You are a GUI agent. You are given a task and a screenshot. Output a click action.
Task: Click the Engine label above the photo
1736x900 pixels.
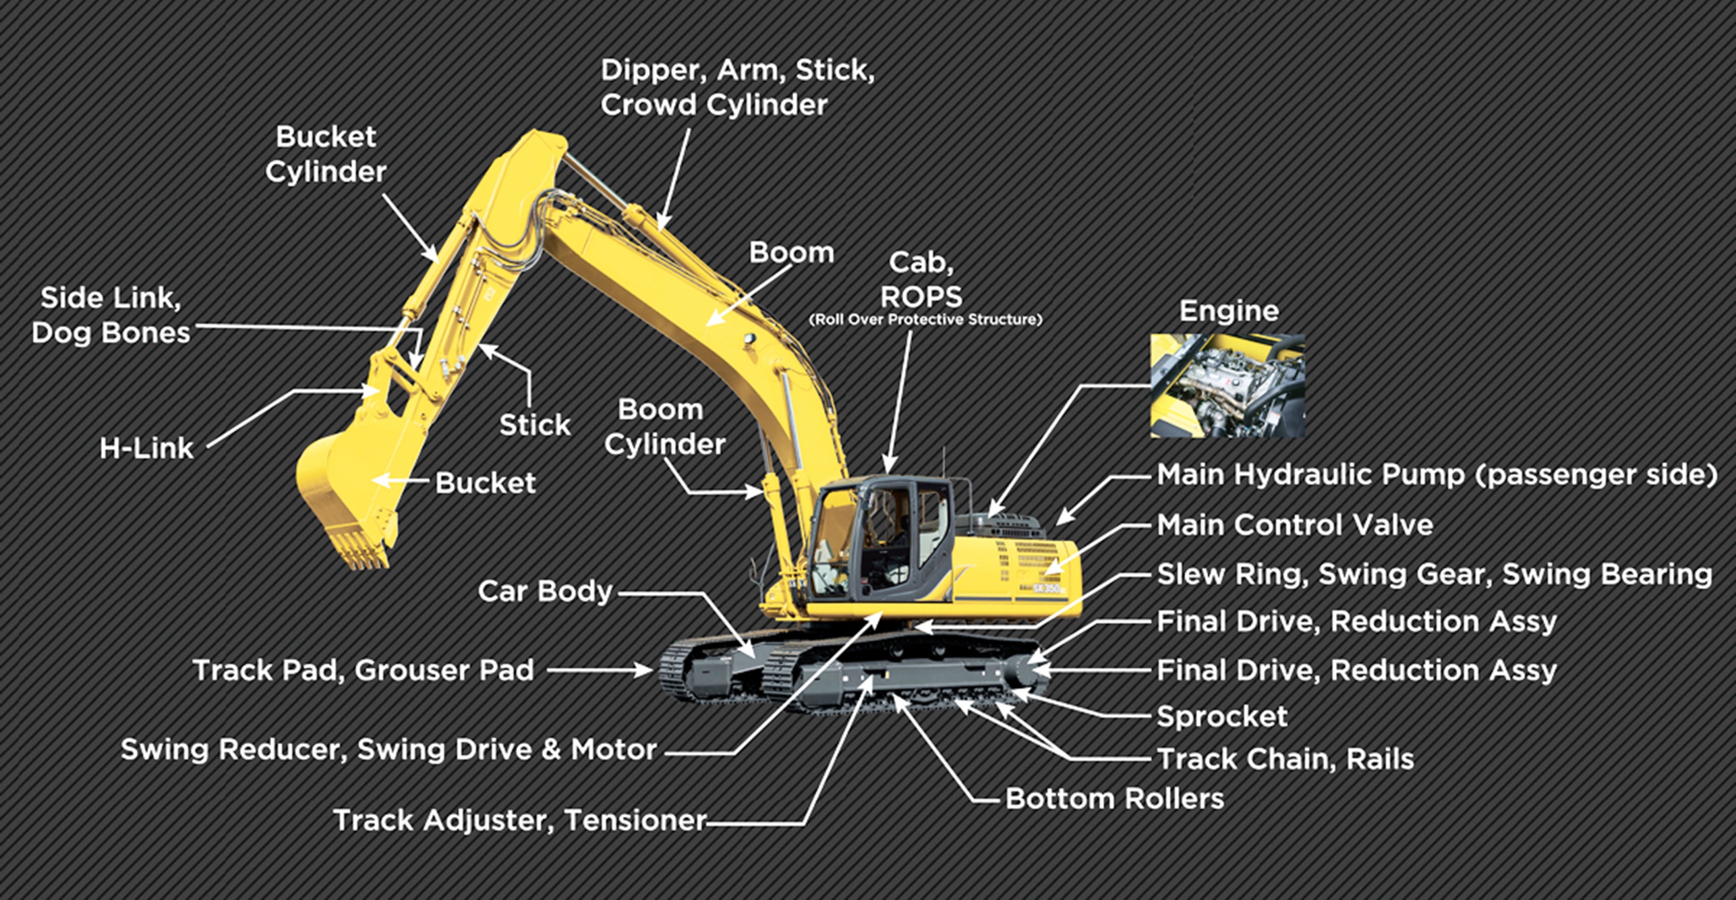(x=1229, y=311)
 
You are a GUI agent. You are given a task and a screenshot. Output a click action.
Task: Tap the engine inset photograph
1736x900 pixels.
(x=1227, y=385)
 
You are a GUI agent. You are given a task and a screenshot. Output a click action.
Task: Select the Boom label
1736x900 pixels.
(x=791, y=253)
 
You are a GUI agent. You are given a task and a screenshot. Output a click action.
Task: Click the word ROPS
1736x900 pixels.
(x=921, y=296)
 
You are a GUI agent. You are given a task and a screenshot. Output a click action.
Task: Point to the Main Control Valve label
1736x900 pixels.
(x=1295, y=526)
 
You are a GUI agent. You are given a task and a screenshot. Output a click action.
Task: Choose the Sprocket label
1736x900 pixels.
(x=1222, y=716)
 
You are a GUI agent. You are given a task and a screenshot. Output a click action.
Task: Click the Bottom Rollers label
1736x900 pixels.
(x=1114, y=799)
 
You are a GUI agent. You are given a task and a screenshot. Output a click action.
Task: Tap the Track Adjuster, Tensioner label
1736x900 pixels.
(x=520, y=821)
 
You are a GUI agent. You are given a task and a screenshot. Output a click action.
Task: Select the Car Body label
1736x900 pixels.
(x=545, y=592)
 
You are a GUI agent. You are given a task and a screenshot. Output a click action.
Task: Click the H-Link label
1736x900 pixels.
(x=146, y=449)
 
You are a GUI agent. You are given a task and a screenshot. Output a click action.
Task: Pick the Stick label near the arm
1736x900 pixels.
(x=535, y=425)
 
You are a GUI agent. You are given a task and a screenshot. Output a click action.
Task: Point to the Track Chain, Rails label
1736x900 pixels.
(x=1285, y=759)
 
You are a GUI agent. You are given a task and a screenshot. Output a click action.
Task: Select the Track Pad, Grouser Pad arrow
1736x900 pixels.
(x=600, y=670)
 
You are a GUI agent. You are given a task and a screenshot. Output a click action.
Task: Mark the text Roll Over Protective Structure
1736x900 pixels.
(x=925, y=320)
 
